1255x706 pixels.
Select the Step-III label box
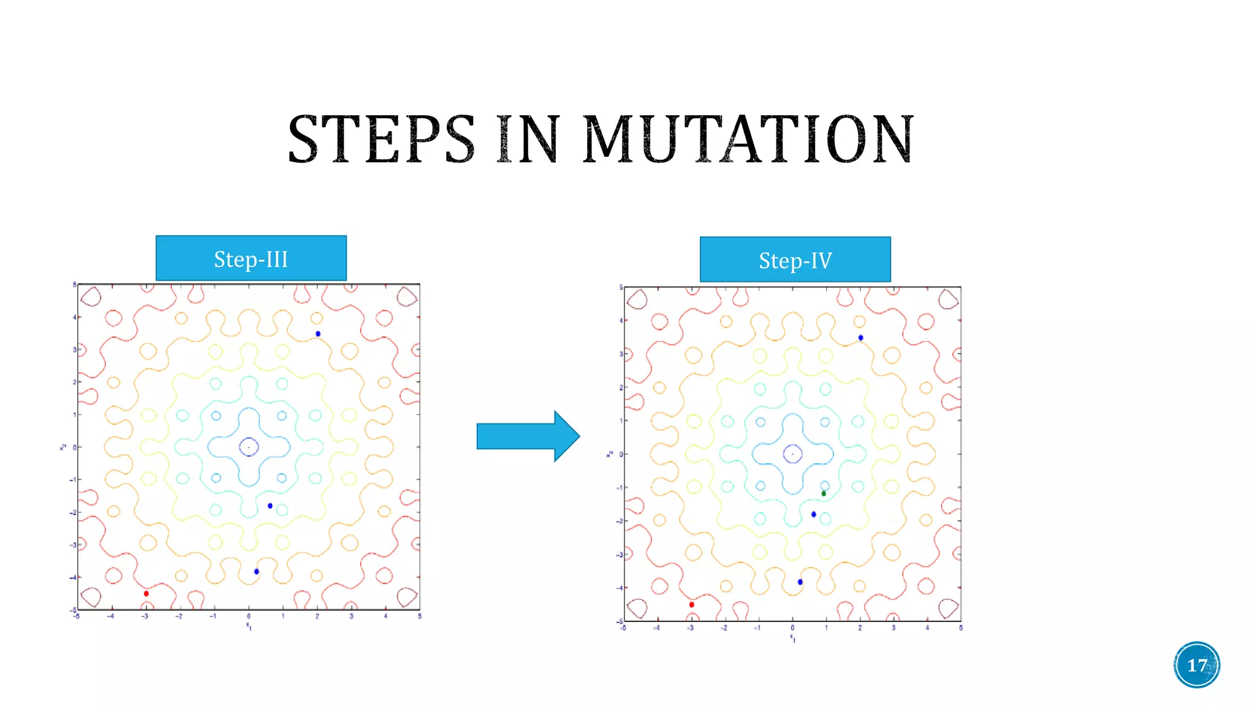251,259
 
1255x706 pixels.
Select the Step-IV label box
795,260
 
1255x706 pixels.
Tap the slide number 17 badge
1197,665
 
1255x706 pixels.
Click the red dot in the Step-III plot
146,593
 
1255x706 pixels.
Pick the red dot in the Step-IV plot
692,604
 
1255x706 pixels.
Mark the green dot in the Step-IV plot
824,493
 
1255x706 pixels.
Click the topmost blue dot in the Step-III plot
318,333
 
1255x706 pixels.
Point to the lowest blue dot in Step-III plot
257,571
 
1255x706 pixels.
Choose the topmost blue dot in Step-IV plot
861,338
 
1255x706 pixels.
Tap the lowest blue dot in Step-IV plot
800,582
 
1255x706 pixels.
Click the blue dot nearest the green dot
814,514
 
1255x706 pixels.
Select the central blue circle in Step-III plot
249,447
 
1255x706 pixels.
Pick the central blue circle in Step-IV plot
793,454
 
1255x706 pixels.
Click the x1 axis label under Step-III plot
249,626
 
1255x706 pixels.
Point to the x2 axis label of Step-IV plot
610,454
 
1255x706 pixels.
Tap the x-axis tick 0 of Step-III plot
249,616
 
